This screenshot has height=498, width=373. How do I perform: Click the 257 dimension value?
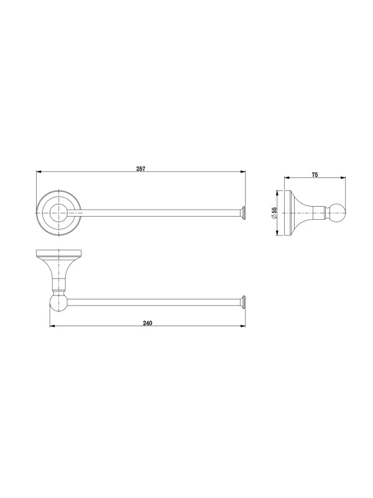tap(140, 169)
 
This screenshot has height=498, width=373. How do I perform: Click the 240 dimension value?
tap(147, 323)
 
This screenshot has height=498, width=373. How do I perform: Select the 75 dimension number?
tap(315, 174)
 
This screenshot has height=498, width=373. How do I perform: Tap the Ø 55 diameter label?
tap(274, 213)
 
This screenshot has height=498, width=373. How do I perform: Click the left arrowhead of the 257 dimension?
tap(39, 172)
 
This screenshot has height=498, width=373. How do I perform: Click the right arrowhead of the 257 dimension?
tap(242, 172)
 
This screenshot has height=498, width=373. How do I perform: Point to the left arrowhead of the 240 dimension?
tap(53, 326)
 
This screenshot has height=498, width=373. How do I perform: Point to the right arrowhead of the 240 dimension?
tap(242, 326)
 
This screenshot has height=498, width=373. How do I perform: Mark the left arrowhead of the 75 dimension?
tap(287, 178)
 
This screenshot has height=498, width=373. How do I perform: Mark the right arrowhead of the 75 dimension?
tap(343, 178)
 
